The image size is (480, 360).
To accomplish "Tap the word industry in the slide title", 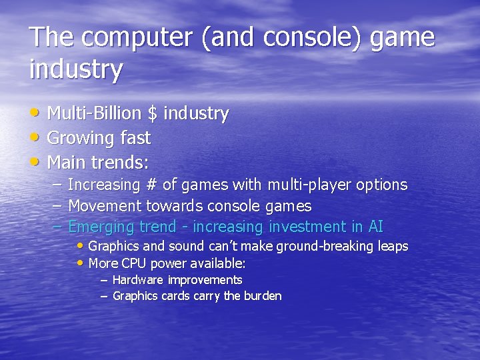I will coord(76,69).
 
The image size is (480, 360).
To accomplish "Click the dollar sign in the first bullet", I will coord(153,114).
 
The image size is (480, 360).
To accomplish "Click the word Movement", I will coord(105,206).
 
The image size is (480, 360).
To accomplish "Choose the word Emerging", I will coord(102,227).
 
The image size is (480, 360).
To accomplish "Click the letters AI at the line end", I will coord(375,227).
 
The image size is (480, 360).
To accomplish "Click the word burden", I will coord(263,296).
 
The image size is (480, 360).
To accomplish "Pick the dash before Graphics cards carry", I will coord(104,296).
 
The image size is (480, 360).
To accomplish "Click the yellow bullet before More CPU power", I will coord(82,262).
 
